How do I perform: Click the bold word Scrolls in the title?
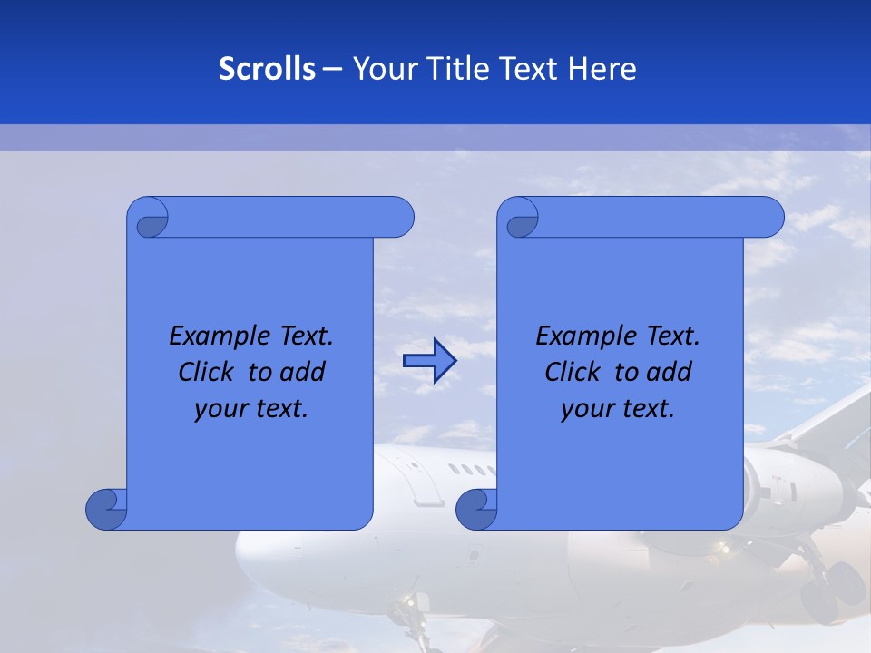tap(267, 68)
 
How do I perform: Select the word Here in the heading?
tap(602, 68)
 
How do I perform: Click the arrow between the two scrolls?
tap(429, 361)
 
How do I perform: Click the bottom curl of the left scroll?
tap(106, 509)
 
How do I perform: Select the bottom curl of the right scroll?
tap(476, 509)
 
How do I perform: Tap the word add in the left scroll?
tap(301, 372)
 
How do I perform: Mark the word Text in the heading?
tap(529, 68)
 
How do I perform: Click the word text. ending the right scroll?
tap(648, 409)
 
